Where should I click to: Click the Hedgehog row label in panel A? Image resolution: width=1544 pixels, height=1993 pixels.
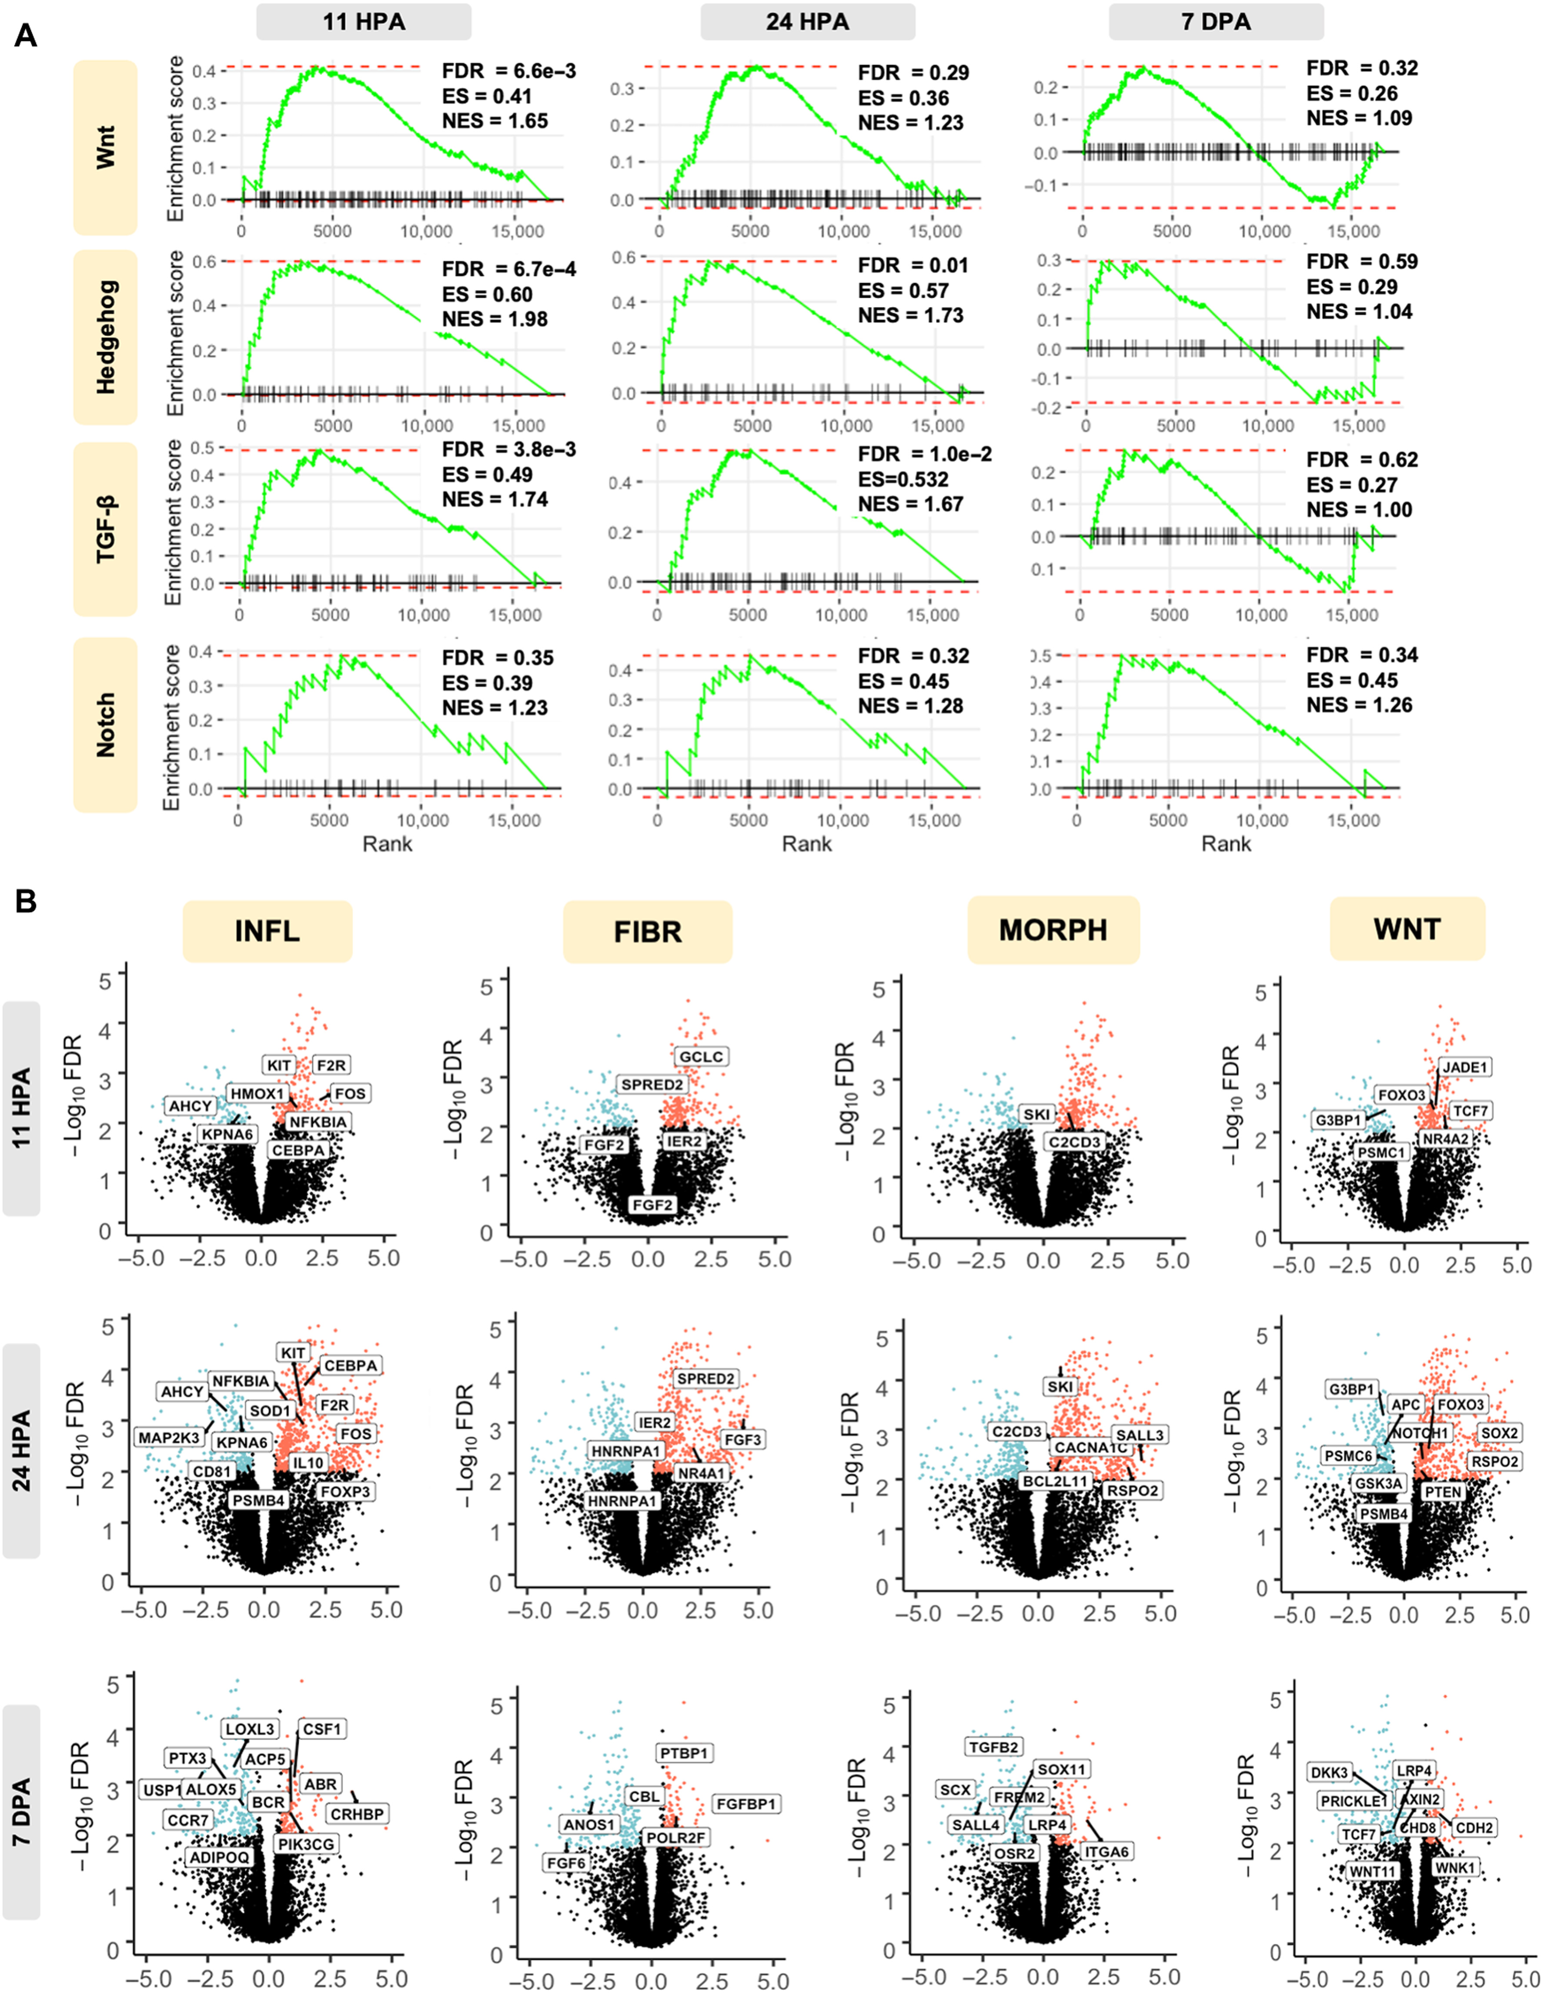pos(106,337)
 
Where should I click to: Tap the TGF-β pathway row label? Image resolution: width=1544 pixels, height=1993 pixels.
pos(106,529)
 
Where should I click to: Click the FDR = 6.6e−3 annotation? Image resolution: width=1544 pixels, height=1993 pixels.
pos(508,71)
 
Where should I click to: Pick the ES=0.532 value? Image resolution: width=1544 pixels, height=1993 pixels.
pos(902,479)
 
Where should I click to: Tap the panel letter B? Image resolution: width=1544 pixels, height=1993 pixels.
pos(26,901)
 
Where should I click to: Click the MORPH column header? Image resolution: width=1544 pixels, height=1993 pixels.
pos(1053,930)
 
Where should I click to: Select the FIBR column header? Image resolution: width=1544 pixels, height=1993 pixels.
pos(648,932)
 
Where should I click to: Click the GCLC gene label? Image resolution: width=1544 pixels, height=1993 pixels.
pos(701,1057)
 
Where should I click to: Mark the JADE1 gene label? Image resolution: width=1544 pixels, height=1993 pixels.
pos(1464,1067)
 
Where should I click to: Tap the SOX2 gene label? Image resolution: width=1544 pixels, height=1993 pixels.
pos(1499,1433)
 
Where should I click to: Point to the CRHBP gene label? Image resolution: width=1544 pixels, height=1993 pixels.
pos(357,1814)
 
